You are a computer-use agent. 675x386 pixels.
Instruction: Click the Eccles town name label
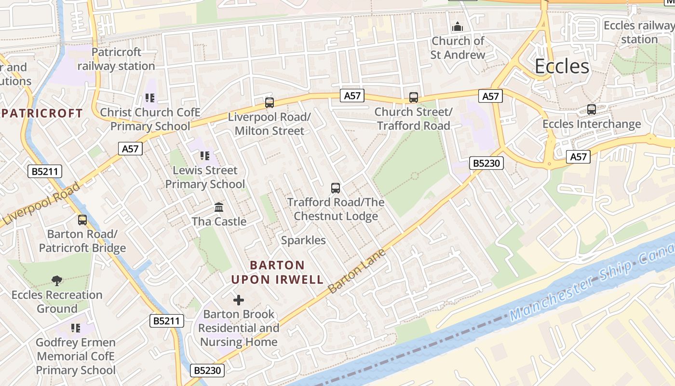[x=562, y=67]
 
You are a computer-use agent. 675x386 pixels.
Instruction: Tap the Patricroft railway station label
[x=116, y=59]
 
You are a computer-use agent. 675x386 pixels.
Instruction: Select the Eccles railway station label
[x=639, y=32]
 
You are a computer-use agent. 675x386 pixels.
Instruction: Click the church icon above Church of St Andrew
[x=457, y=27]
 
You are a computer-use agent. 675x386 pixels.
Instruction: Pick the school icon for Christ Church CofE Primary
[x=150, y=98]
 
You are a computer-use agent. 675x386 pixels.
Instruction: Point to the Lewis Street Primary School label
[x=205, y=177]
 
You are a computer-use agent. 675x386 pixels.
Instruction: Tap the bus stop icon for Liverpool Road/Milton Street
[x=270, y=102]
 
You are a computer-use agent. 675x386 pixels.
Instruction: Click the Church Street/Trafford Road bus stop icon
[x=414, y=97]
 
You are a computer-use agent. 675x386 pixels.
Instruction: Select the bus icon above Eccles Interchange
[x=592, y=110]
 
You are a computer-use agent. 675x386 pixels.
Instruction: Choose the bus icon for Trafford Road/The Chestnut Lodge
[x=336, y=188]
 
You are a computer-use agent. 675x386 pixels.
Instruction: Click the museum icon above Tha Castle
[x=219, y=207]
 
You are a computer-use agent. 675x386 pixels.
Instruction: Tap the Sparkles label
[x=303, y=240]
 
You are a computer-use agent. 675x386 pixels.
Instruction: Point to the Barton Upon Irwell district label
[x=277, y=272]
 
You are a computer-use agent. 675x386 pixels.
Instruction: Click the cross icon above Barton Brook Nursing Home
[x=239, y=300]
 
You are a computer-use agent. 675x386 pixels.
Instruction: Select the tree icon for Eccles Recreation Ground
[x=57, y=280]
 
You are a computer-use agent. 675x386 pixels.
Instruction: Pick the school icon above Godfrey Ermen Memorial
[x=76, y=328]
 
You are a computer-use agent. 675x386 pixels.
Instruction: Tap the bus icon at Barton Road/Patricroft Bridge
[x=82, y=220]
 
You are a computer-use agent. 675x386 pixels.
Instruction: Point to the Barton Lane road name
[x=357, y=271]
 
